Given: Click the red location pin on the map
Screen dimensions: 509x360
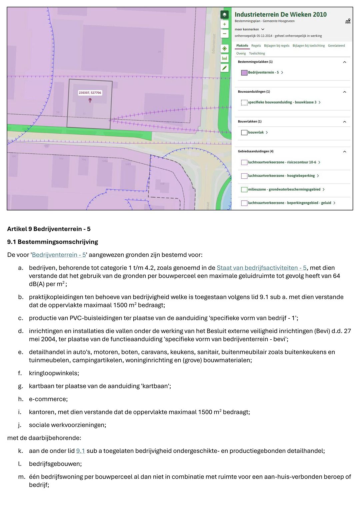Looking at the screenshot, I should (x=90, y=100).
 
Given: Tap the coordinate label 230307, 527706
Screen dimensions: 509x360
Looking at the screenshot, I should (x=90, y=93).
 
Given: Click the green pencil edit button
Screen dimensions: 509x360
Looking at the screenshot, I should (x=225, y=68).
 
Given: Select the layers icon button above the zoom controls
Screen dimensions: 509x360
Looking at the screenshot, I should (x=225, y=15).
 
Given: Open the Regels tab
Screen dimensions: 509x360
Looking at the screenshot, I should (x=256, y=46).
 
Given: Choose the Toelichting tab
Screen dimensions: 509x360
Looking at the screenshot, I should (x=257, y=53).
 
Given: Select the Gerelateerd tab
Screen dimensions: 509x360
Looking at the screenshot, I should (x=336, y=46).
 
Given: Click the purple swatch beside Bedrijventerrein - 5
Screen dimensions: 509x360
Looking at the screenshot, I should (x=244, y=73).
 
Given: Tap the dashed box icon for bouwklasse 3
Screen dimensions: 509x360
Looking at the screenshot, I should (x=244, y=103).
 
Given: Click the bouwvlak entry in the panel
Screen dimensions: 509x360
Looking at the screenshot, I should (x=256, y=132).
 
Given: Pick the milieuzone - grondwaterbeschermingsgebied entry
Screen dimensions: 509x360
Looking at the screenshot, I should (x=284, y=189).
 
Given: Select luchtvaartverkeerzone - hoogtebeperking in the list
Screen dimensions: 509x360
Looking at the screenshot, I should (x=281, y=176).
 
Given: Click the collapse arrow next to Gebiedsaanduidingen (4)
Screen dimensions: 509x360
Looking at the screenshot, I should (x=345, y=152).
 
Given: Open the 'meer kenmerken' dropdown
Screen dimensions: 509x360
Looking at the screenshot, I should (x=249, y=29).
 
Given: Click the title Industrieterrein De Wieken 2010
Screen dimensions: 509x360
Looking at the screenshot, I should (x=281, y=14).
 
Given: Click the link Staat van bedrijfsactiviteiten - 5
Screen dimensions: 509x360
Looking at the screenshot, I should (x=261, y=268).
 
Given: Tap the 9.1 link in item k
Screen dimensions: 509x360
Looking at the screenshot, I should (x=80, y=451).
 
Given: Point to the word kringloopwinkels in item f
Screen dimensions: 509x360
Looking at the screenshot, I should (x=54, y=373).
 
